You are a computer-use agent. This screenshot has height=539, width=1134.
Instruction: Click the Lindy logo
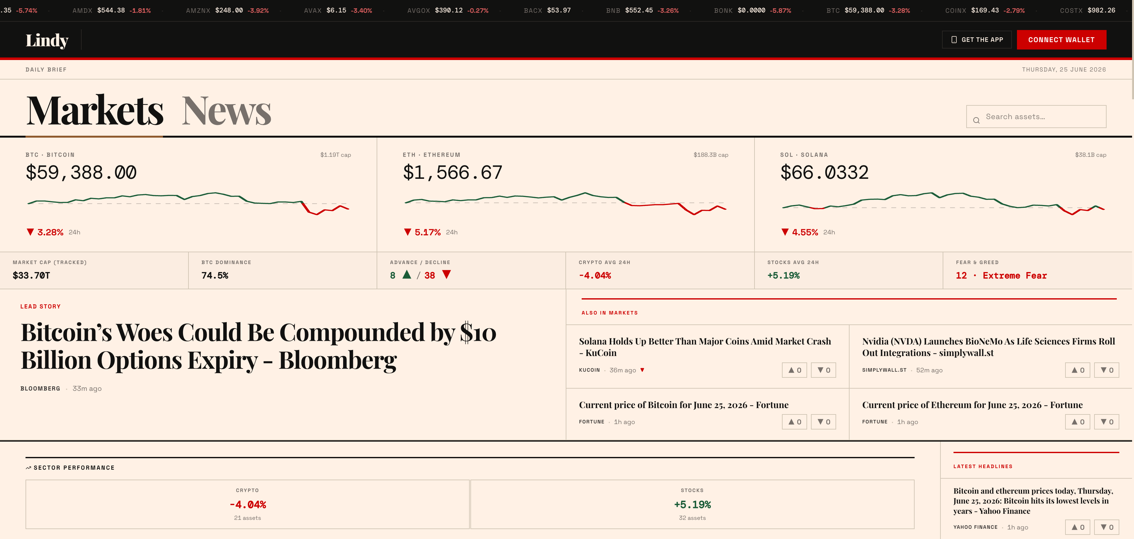tap(47, 40)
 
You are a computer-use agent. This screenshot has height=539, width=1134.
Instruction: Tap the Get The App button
tap(976, 40)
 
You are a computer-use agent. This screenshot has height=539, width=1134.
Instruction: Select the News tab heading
tap(226, 110)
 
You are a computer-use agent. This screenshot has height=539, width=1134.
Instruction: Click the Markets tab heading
tap(95, 110)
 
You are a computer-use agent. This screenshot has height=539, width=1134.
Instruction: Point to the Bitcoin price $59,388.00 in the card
tap(81, 172)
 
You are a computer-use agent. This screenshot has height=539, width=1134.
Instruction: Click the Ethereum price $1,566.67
tap(453, 172)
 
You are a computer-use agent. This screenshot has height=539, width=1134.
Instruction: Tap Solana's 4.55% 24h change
tap(805, 232)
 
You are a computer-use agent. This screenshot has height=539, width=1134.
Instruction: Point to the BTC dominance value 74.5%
tap(215, 276)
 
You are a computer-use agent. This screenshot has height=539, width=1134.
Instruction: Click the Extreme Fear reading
tap(1015, 276)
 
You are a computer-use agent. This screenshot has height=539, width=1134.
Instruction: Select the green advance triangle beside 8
tap(407, 275)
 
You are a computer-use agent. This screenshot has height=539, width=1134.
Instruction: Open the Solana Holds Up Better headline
tap(705, 347)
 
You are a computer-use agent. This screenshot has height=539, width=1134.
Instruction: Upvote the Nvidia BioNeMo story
tap(1078, 370)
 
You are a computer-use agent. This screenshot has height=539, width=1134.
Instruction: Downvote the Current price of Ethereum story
tap(1107, 422)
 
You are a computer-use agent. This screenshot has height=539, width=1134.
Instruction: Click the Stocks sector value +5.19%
tap(692, 505)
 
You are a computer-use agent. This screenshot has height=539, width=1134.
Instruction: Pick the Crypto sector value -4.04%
tap(248, 505)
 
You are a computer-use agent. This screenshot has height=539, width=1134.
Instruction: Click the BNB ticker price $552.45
tap(639, 10)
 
